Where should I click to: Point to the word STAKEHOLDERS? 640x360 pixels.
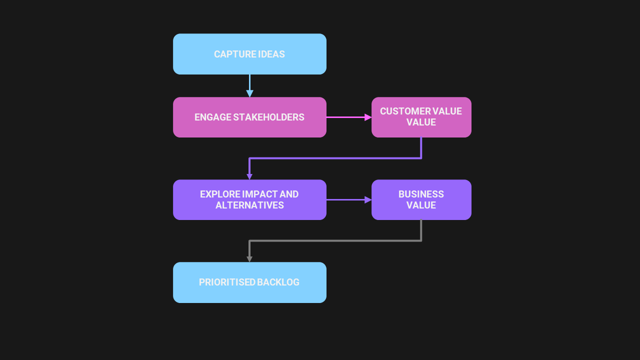(x=269, y=117)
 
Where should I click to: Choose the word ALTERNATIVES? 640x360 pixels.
(x=249, y=205)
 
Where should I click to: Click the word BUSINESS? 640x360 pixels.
(x=421, y=194)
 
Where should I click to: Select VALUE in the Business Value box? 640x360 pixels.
(x=421, y=205)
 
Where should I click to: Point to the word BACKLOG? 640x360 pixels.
(x=278, y=282)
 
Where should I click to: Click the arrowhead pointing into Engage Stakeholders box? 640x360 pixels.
(x=249, y=93)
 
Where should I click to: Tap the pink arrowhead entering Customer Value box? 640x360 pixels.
(x=368, y=117)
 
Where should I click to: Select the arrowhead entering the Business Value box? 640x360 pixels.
(x=368, y=199)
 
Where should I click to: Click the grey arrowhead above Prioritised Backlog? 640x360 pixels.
(x=249, y=259)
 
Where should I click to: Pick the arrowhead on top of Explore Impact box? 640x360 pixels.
(x=249, y=176)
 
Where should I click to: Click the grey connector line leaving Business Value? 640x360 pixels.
(x=335, y=241)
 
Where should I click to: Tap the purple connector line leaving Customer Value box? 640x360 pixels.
(x=335, y=158)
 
